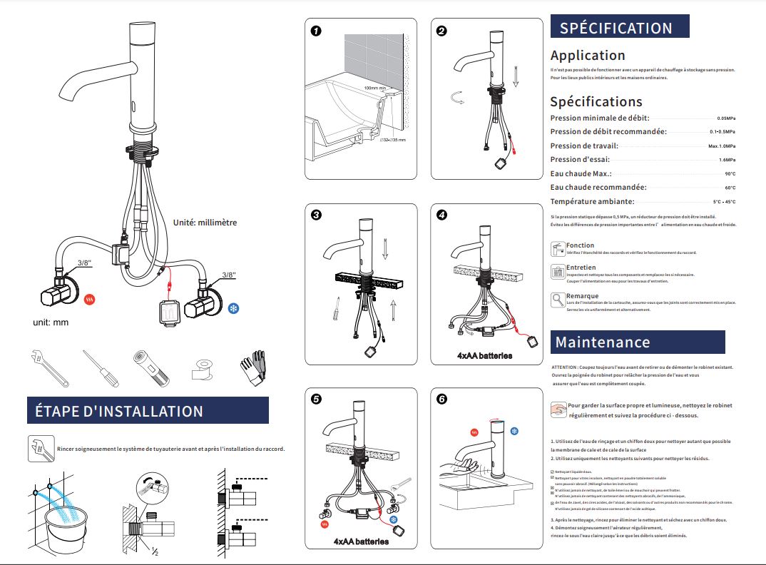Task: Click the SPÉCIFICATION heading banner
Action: pyautogui.click(x=619, y=28)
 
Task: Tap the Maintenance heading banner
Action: pyautogui.click(x=637, y=342)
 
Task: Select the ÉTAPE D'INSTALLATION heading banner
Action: pyautogui.click(x=147, y=411)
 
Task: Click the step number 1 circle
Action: pyautogui.click(x=316, y=31)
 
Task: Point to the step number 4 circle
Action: pyautogui.click(x=442, y=214)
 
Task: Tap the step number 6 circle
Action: pyautogui.click(x=442, y=399)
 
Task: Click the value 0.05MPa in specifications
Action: pyautogui.click(x=726, y=118)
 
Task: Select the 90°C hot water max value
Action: pyautogui.click(x=730, y=174)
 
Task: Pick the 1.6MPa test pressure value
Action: pyautogui.click(x=727, y=160)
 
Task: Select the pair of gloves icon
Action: pyautogui.click(x=252, y=365)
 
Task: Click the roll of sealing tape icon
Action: pyautogui.click(x=202, y=369)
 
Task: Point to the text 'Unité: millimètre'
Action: pyautogui.click(x=205, y=223)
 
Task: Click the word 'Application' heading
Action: pyautogui.click(x=588, y=55)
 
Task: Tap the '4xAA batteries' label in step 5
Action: pyautogui.click(x=361, y=541)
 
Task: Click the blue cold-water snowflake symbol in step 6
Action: pyautogui.click(x=514, y=431)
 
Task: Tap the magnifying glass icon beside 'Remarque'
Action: pyautogui.click(x=558, y=300)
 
